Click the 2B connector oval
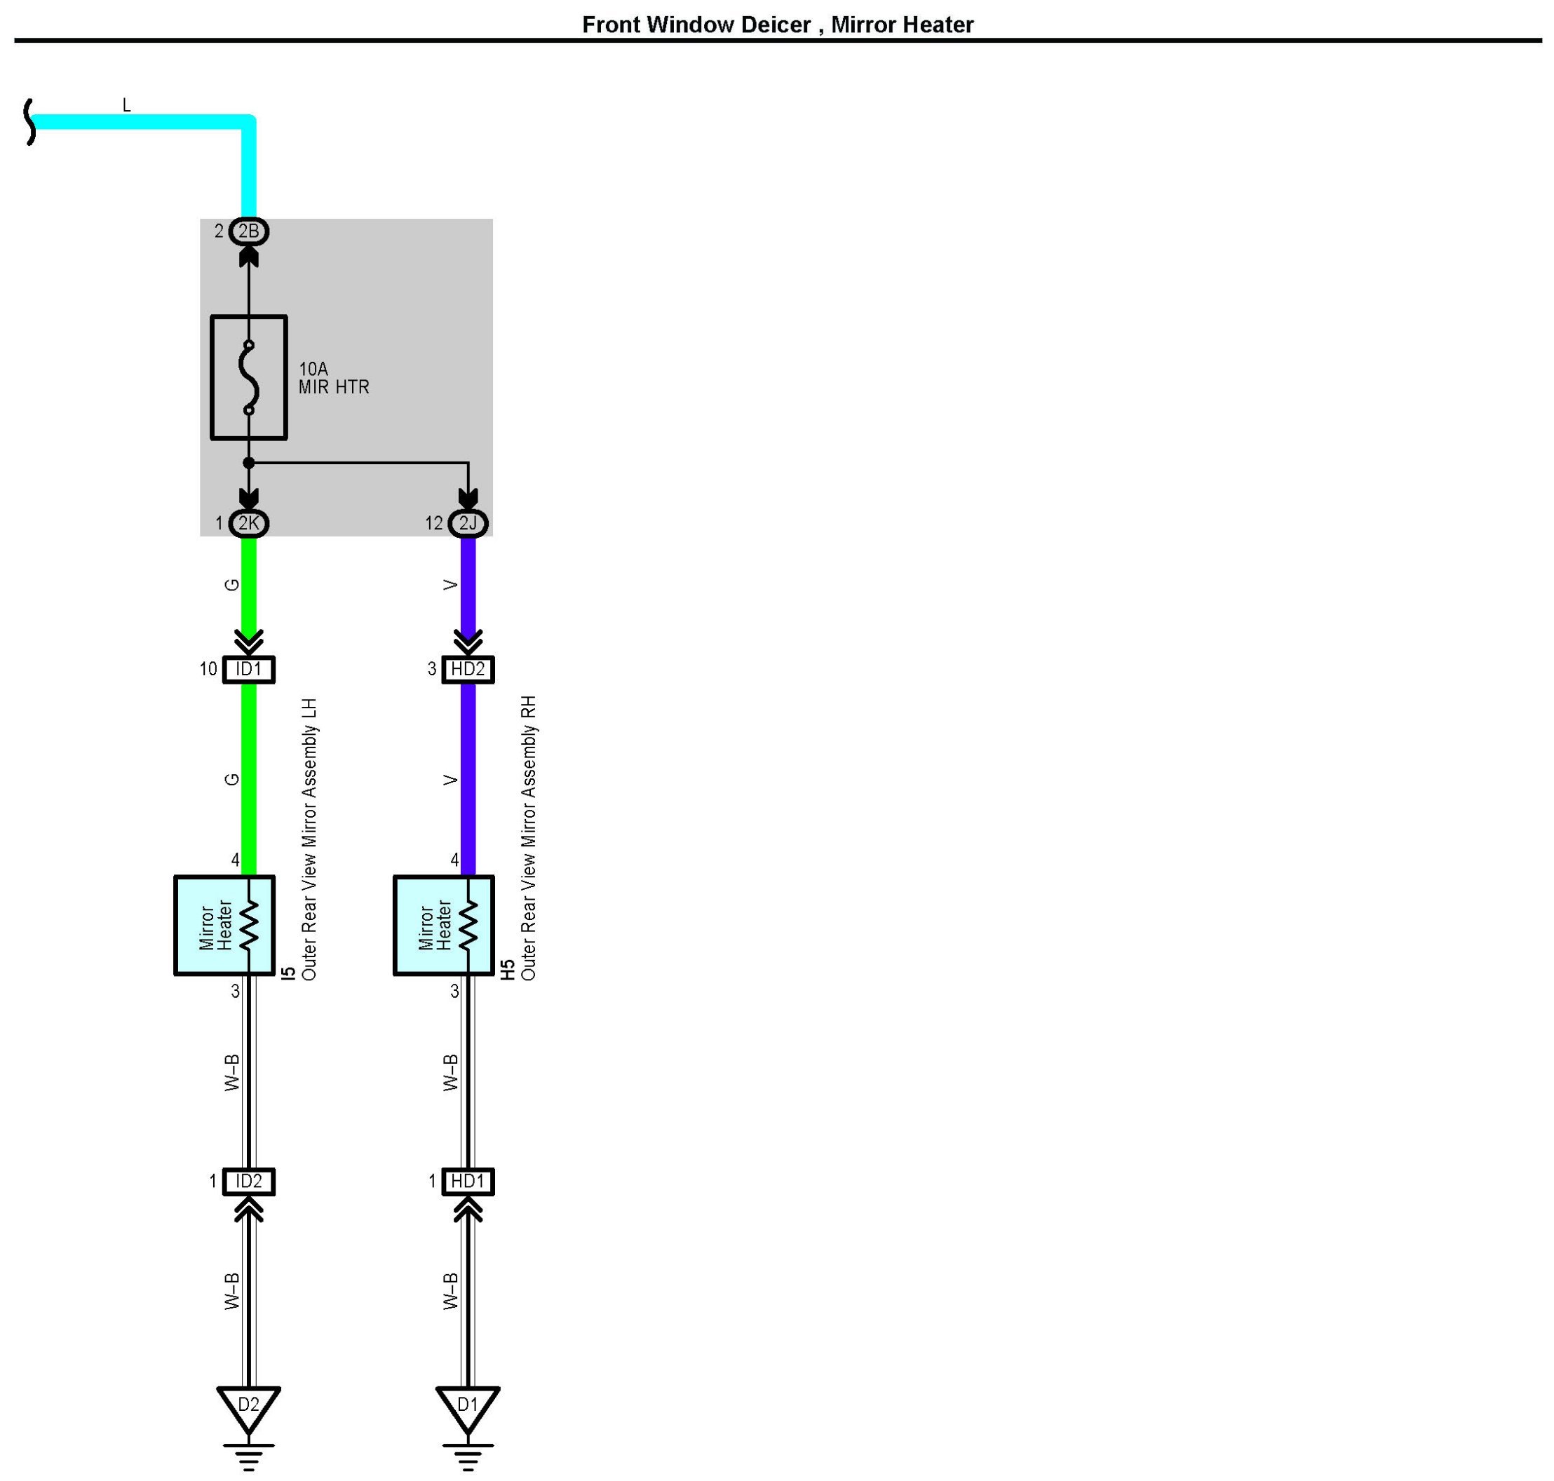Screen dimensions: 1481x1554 249,231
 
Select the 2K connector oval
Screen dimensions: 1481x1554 249,522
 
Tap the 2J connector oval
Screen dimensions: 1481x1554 468,522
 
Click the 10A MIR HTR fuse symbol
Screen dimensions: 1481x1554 249,377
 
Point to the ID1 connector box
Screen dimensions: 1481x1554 249,670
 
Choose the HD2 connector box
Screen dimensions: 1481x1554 468,670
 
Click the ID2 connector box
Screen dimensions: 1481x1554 249,1181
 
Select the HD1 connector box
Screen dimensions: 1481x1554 468,1181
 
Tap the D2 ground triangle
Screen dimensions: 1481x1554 249,1406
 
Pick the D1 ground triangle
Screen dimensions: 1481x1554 468,1406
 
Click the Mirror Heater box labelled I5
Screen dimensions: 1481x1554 224,925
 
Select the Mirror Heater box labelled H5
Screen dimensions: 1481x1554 444,925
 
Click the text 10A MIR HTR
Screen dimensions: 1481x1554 333,378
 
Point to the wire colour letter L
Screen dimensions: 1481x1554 126,105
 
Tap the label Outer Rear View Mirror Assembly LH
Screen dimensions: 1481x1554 309,839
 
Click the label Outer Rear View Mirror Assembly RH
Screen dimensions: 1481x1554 529,839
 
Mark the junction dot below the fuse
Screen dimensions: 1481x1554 249,463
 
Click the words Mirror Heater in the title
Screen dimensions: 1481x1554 902,25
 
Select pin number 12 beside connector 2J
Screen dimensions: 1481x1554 433,523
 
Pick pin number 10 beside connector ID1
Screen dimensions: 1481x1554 208,670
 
